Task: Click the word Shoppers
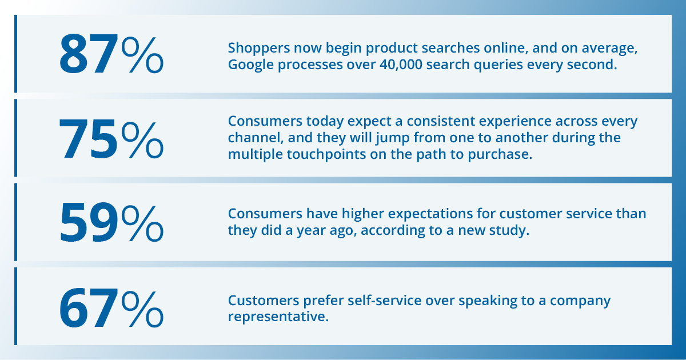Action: tap(255, 49)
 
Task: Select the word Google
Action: tap(249, 65)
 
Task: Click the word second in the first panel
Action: tap(595, 65)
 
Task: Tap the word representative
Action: tap(278, 317)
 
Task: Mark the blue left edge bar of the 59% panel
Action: tap(16, 222)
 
